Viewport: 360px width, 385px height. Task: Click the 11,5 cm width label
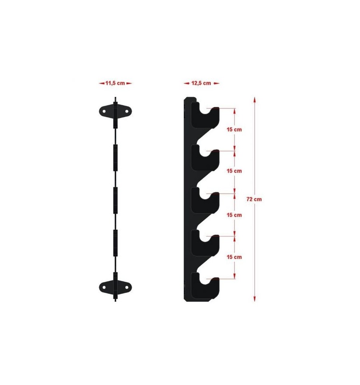pyautogui.click(x=115, y=83)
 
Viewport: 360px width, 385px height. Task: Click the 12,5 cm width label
pyautogui.click(x=201, y=83)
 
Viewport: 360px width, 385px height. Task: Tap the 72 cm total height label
pyautogui.click(x=254, y=199)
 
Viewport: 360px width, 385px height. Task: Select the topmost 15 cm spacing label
pyautogui.click(x=234, y=129)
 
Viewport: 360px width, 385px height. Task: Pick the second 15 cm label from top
pyautogui.click(x=234, y=171)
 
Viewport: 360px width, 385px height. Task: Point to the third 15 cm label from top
pyautogui.click(x=234, y=215)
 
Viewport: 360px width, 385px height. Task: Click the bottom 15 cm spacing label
pyautogui.click(x=234, y=257)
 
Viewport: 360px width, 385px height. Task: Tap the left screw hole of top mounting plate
pyautogui.click(x=104, y=112)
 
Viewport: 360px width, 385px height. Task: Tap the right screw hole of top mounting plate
pyautogui.click(x=127, y=112)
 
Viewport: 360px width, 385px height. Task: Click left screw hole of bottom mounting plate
pyautogui.click(x=104, y=287)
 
